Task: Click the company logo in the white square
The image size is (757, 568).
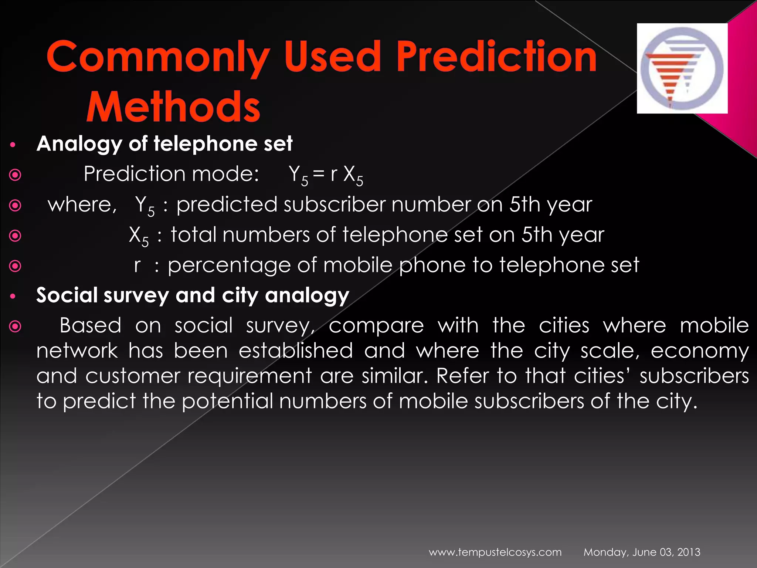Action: coord(682,68)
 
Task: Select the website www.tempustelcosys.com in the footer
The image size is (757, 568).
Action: coord(495,552)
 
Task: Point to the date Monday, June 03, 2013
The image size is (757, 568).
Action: coord(642,552)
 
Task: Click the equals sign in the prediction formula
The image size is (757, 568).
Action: coord(318,174)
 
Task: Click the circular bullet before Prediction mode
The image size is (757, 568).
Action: coord(15,175)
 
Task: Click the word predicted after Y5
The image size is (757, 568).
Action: coord(227,204)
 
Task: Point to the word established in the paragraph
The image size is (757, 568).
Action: coord(295,351)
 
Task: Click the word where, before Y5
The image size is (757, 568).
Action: coord(82,204)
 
